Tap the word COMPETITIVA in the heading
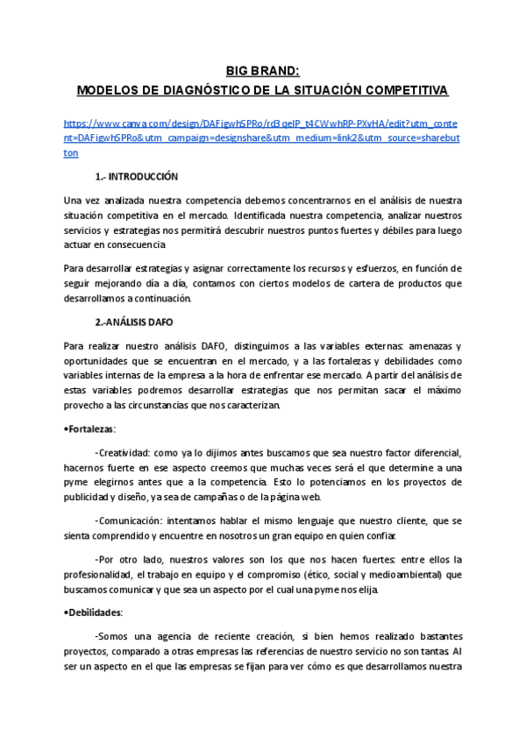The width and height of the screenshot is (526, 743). click(x=408, y=90)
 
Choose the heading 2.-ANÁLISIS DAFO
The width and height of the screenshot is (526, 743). click(x=134, y=322)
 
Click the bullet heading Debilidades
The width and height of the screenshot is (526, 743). click(x=95, y=612)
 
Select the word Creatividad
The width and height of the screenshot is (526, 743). click(x=123, y=453)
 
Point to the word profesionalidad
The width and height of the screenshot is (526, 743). click(x=103, y=574)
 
